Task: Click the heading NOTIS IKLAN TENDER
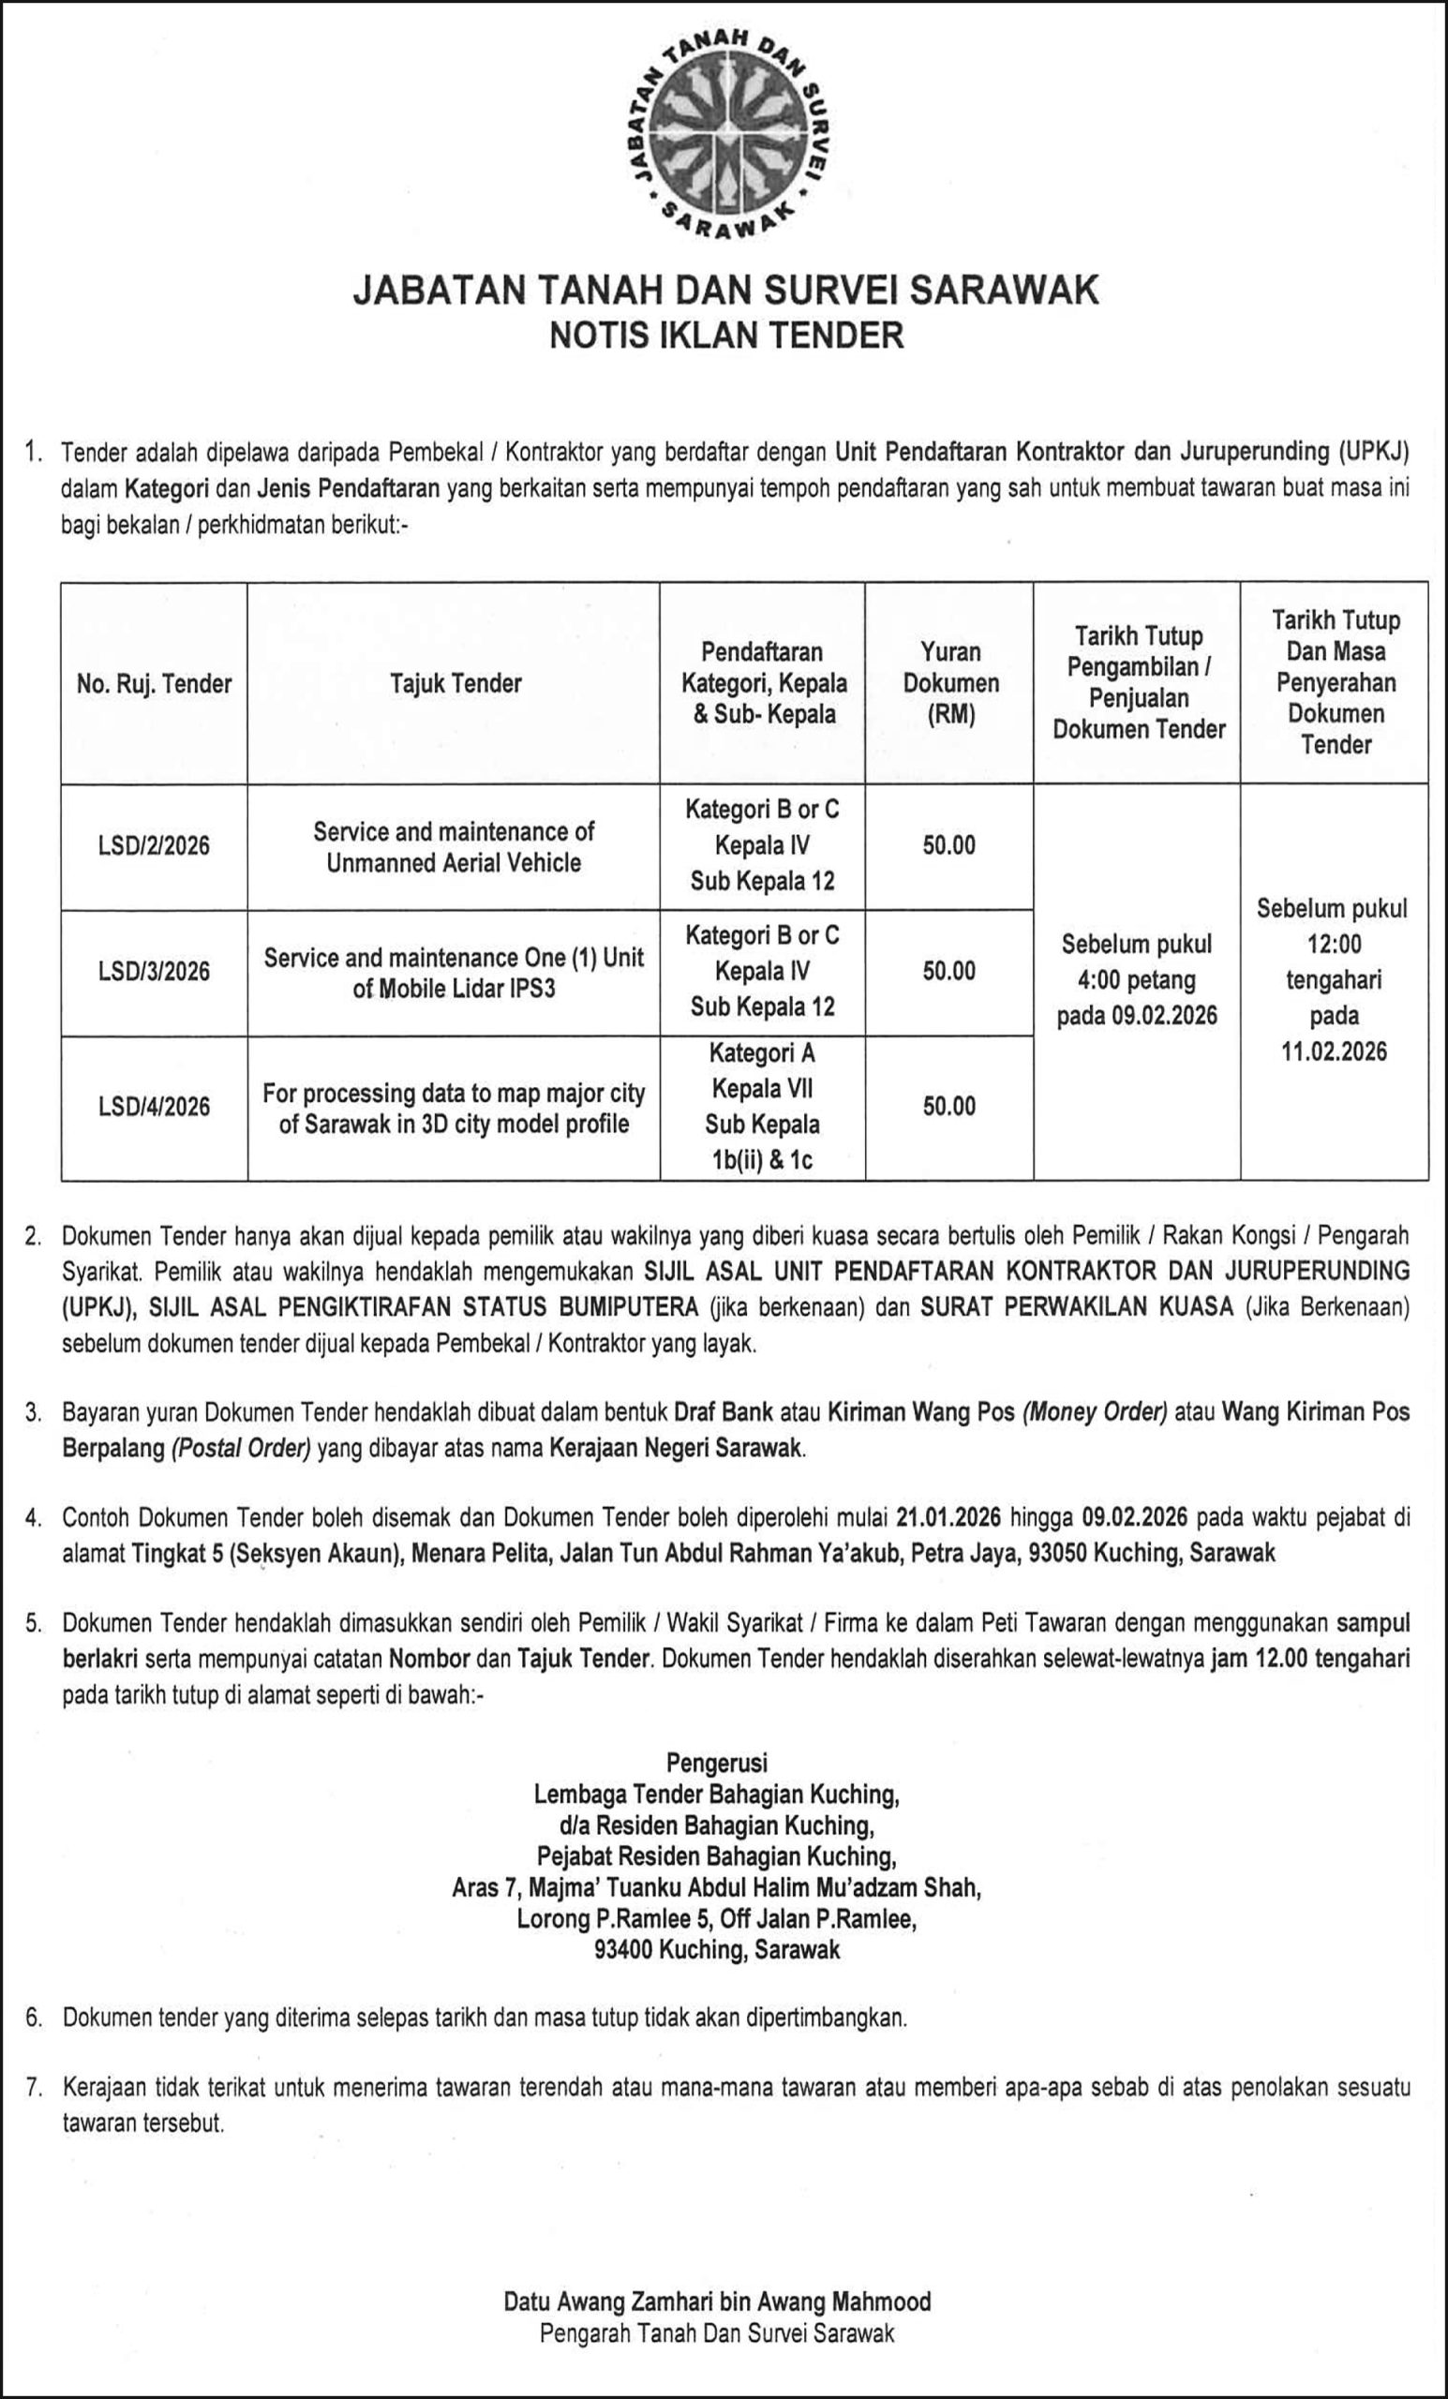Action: pos(726,335)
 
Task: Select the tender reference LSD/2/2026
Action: pos(155,845)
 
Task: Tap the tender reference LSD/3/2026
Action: pos(155,971)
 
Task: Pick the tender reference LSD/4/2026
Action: pos(155,1106)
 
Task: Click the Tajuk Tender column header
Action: pos(455,683)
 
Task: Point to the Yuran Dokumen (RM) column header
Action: pos(950,683)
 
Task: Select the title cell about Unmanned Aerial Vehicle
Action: pos(454,847)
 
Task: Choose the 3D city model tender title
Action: pos(454,1108)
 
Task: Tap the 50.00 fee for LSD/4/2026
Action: pos(949,1106)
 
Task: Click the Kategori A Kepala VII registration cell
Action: pos(763,1106)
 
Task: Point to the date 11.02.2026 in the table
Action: pos(1334,1050)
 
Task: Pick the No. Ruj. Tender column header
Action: pos(155,683)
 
